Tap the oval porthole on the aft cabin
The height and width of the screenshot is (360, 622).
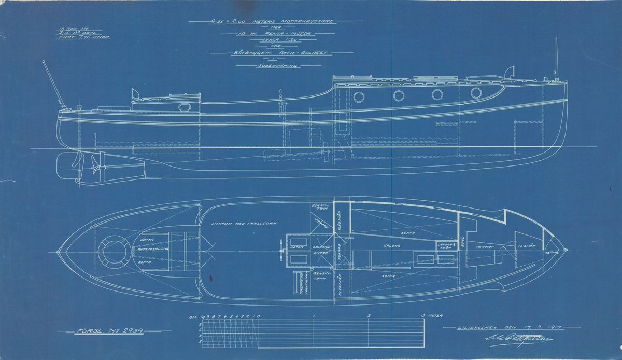(184, 107)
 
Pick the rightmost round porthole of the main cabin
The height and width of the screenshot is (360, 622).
(476, 93)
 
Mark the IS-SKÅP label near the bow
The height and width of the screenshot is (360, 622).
(527, 247)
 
